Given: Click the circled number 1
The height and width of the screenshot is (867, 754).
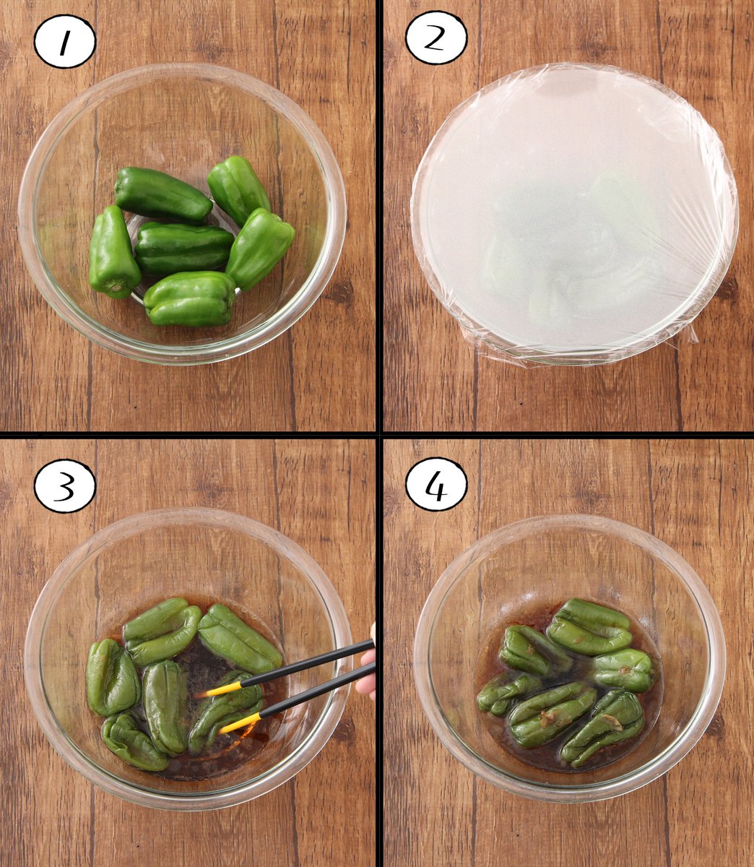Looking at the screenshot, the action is point(65,41).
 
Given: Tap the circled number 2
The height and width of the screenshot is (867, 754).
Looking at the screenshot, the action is point(436,38).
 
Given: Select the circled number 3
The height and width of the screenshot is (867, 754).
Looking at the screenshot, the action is point(65,486).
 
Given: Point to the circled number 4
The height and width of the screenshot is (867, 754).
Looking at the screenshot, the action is point(436,485).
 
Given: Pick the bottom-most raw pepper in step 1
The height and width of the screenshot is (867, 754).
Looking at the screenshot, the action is point(189,298).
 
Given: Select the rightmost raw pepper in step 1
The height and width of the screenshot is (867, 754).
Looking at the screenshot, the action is point(260,249).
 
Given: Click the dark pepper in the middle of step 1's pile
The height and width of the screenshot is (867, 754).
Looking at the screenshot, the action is point(183,248).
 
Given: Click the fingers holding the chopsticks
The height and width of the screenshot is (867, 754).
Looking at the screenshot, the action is point(367,665).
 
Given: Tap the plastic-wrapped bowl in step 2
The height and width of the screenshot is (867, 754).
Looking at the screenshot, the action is point(575,214).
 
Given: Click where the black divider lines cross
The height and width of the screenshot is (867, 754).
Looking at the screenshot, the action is point(379,434).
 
